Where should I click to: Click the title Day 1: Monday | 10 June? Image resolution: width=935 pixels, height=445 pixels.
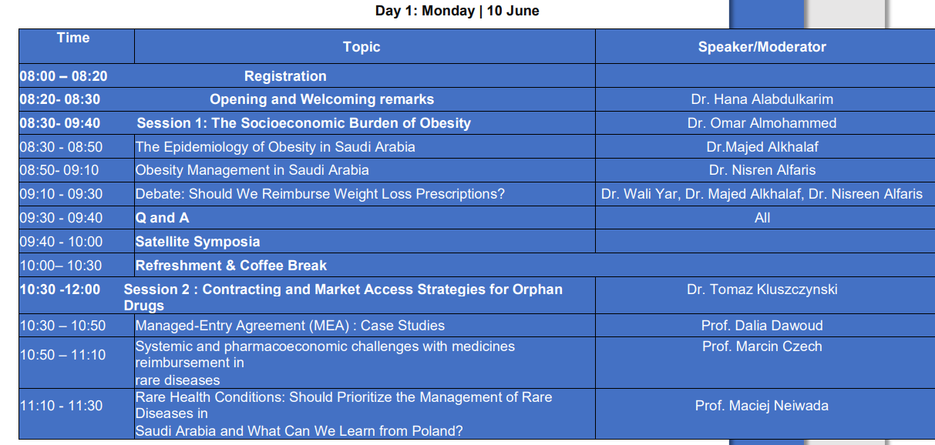pyautogui.click(x=457, y=11)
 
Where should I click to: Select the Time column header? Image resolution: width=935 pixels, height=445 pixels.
pyautogui.click(x=73, y=38)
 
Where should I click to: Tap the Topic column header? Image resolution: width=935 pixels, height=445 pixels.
pyautogui.click(x=362, y=47)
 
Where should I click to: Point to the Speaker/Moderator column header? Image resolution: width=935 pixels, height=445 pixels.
pyautogui.click(x=762, y=47)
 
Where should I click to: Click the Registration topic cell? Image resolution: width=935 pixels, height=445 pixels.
pyautogui.click(x=285, y=76)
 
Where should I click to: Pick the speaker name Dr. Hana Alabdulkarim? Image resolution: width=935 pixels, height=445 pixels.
pyautogui.click(x=762, y=99)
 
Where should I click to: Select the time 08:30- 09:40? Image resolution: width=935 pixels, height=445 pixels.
pyautogui.click(x=60, y=123)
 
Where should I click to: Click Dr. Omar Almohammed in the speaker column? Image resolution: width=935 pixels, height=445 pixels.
pyautogui.click(x=762, y=123)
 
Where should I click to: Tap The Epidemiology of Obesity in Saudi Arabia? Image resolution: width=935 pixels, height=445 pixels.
pyautogui.click(x=275, y=147)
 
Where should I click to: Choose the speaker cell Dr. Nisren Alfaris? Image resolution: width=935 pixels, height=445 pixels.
pyautogui.click(x=762, y=170)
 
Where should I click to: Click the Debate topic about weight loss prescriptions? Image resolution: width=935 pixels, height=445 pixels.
pyautogui.click(x=320, y=194)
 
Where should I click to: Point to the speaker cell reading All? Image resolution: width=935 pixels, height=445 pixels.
pyautogui.click(x=762, y=218)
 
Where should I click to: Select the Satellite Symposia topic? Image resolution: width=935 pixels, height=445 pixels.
pyautogui.click(x=197, y=242)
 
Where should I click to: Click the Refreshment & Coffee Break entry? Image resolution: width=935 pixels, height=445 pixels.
pyautogui.click(x=230, y=266)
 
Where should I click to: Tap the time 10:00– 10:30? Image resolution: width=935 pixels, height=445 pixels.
pyautogui.click(x=61, y=266)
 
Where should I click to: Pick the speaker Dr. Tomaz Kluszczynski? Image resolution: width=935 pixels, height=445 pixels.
pyautogui.click(x=762, y=289)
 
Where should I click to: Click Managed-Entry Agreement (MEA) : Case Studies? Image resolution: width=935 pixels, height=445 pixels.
pyautogui.click(x=290, y=326)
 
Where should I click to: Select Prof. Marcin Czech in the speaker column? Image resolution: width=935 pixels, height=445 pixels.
pyautogui.click(x=762, y=346)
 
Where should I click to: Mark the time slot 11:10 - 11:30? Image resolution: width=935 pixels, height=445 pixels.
pyautogui.click(x=61, y=406)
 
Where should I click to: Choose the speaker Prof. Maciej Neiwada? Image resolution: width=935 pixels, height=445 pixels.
pyautogui.click(x=762, y=406)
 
